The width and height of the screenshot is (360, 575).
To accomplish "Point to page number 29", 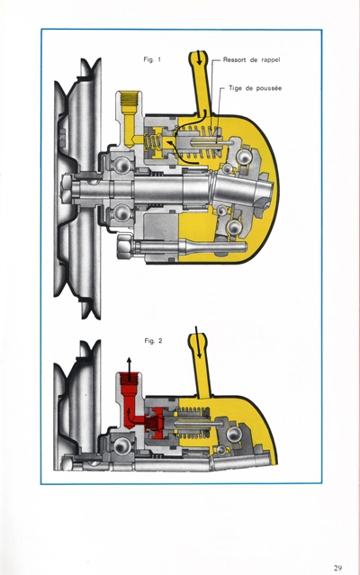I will pos(337,568).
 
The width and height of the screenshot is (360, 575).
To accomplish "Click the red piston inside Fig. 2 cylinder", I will pos(157,418).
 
